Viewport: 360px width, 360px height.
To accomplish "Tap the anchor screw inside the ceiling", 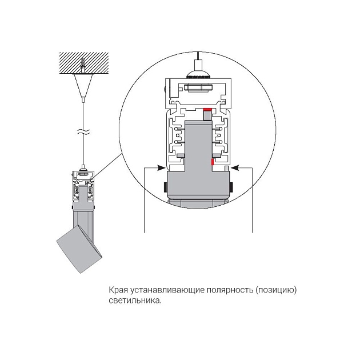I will (x=83, y=64).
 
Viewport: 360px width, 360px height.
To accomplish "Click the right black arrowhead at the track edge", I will (x=236, y=168).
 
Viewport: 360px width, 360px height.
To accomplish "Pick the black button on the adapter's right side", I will (x=233, y=187).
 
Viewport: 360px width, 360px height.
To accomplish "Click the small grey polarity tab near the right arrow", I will (x=227, y=167).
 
